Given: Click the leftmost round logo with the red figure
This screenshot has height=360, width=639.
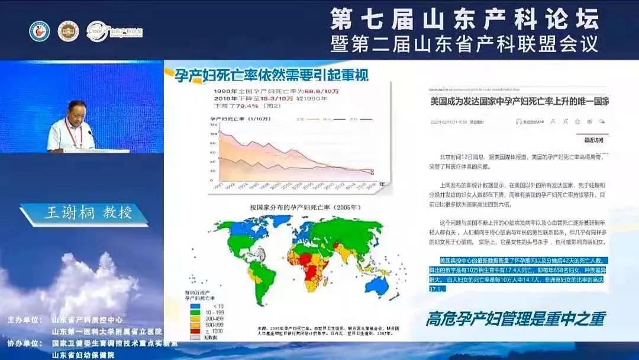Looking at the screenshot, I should click(40, 31).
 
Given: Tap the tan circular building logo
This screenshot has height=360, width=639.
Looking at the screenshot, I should click(68, 31).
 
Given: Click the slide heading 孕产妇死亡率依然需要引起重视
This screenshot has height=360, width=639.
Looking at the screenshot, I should click(272, 75).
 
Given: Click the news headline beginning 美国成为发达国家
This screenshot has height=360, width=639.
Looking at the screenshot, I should click(519, 101).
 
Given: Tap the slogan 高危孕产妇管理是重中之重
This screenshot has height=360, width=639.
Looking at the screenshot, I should click(515, 319).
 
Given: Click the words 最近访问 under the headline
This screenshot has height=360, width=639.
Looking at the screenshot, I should click(593, 140).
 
